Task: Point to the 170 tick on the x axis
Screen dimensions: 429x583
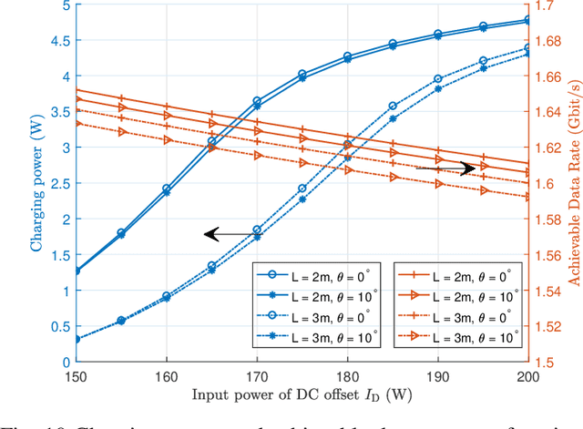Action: click(x=257, y=376)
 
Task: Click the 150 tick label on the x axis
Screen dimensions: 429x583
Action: click(x=77, y=376)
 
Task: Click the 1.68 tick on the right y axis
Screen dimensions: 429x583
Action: click(x=551, y=41)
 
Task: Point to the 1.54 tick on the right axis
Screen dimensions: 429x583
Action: click(x=551, y=291)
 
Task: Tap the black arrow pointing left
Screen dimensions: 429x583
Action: click(x=228, y=235)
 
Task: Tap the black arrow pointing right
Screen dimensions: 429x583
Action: click(x=446, y=169)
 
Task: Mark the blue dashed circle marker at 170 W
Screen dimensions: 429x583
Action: click(x=257, y=230)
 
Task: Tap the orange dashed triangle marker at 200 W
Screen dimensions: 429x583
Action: click(x=527, y=196)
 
